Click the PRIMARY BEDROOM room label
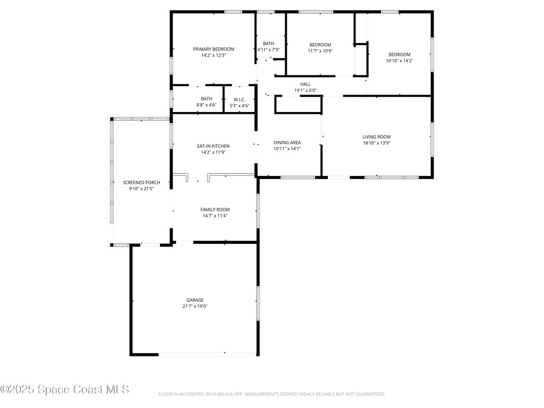click(213, 49)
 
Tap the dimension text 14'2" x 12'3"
click(213, 55)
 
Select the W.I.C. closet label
click(239, 99)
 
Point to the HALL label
click(305, 84)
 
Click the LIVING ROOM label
click(377, 137)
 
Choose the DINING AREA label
click(287, 142)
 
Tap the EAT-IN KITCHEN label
click(213, 146)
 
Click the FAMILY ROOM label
click(215, 209)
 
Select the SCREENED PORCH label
click(141, 182)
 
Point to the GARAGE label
click(194, 300)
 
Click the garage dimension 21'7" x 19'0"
click(194, 306)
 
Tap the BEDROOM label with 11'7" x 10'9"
click(320, 45)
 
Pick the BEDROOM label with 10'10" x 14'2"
click(399, 54)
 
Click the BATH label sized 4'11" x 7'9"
click(268, 44)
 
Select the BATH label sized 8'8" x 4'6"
click(206, 99)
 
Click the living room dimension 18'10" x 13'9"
click(377, 143)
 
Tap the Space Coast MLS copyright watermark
click(65, 389)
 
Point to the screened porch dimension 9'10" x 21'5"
click(141, 189)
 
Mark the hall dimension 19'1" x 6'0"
click(305, 90)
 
